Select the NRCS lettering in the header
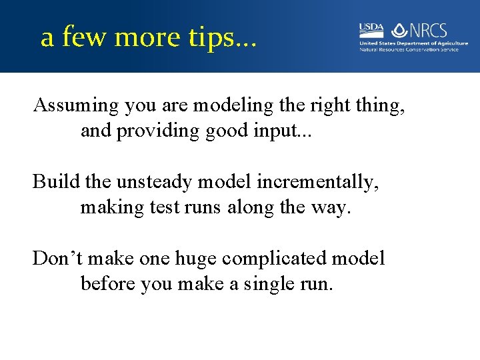tap(429, 30)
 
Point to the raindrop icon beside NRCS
tap(399, 30)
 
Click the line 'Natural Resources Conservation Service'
tap(409, 49)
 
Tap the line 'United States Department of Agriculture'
tap(413, 43)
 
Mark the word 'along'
tap(252, 207)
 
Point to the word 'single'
tap(276, 284)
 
